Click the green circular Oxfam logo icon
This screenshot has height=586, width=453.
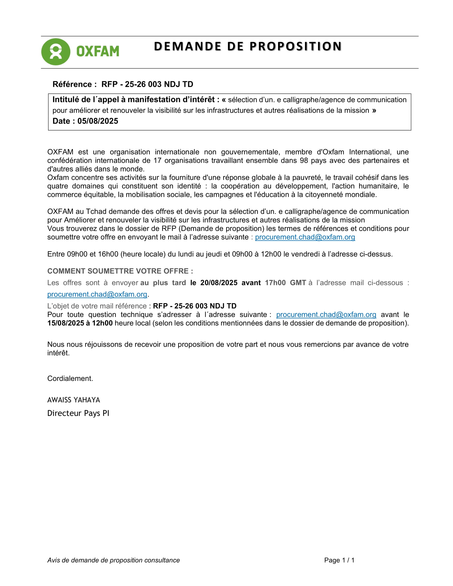(x=55, y=52)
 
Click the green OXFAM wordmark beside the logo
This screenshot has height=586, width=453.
(x=98, y=51)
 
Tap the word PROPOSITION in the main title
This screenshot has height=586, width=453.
(x=296, y=46)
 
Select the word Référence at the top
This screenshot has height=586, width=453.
(x=72, y=84)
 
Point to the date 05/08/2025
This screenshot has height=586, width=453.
(x=98, y=121)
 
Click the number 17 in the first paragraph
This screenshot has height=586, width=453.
(x=157, y=160)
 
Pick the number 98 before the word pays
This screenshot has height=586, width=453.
(x=304, y=160)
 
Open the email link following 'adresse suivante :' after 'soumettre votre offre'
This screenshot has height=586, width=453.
(x=305, y=237)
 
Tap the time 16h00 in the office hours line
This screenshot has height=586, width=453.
(x=108, y=254)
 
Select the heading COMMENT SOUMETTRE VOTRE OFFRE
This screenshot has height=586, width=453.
(x=120, y=271)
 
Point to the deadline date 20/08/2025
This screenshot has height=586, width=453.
(x=219, y=283)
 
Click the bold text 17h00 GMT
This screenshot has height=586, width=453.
(x=285, y=283)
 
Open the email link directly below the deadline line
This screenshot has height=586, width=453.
(x=97, y=294)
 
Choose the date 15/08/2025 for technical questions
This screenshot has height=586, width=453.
(x=66, y=323)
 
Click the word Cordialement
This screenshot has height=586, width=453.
(x=70, y=378)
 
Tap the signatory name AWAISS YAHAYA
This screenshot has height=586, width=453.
(x=74, y=400)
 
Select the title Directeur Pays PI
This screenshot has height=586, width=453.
(x=78, y=413)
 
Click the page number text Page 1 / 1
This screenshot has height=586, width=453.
(x=339, y=560)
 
